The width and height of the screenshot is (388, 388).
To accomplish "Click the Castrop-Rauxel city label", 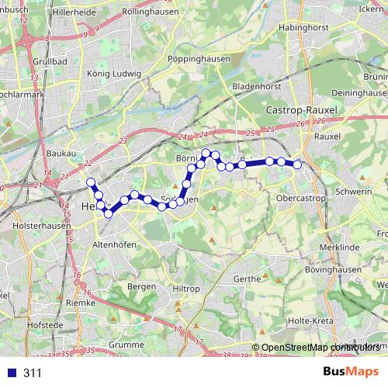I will pos(302,111).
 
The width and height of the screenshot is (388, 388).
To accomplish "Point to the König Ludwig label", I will pos(114,74).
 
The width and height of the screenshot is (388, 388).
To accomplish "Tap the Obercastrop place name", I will pos(301,199).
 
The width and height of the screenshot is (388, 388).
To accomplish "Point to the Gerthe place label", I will pos(247,279).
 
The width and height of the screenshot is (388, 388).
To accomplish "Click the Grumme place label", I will pos(127,344).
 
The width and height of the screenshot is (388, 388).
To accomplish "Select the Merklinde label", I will pos(336,246).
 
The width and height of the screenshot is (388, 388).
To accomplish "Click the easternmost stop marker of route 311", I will pos(296,165).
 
